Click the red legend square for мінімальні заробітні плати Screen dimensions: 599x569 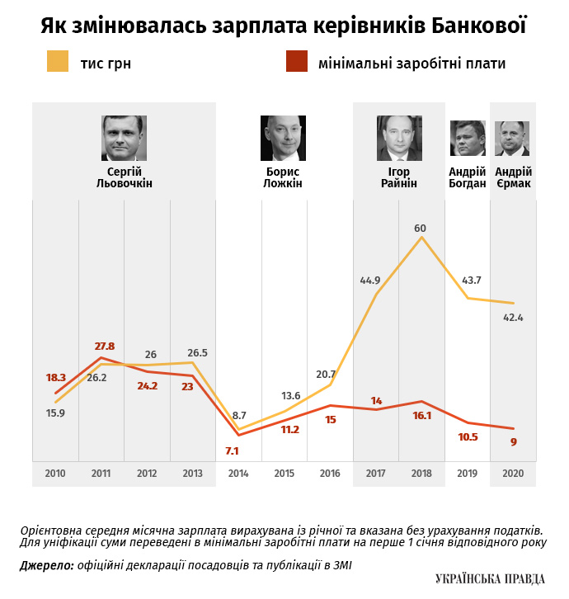click(296, 62)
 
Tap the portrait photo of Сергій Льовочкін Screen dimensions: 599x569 click(125, 138)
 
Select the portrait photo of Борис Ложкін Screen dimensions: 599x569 click(284, 138)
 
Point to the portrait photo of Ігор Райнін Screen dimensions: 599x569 click(399, 138)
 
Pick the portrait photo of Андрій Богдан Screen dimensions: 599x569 click(468, 138)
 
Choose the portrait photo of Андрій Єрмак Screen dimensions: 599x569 click(512, 138)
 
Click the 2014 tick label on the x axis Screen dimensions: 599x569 click(238, 474)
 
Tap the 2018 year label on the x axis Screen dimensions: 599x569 click(421, 474)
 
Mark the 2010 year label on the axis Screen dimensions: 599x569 click(55, 474)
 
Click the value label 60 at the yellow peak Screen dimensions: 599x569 click(421, 228)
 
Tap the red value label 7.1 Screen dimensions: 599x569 click(232, 450)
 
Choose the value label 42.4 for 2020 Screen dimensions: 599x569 click(513, 317)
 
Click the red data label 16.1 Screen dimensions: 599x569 click(421, 416)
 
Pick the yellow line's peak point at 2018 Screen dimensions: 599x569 click(421, 238)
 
